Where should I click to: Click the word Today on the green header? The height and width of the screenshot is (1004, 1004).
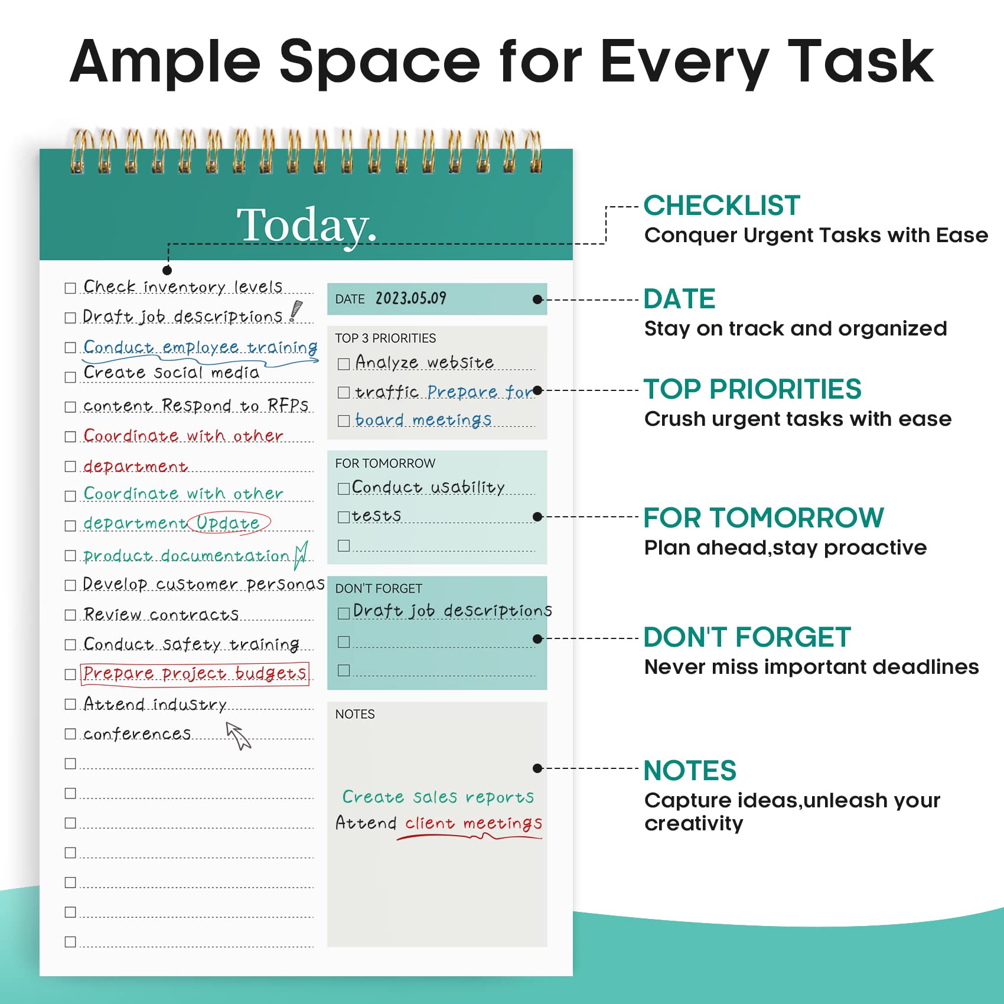tap(305, 225)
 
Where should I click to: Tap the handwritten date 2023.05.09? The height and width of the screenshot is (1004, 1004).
tap(411, 298)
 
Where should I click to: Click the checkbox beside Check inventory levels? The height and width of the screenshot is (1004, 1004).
tap(70, 288)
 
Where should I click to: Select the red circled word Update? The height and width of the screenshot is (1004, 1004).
tap(229, 523)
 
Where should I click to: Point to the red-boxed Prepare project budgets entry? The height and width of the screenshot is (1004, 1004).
tap(195, 674)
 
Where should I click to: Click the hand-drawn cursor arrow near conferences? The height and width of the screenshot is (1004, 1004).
tap(239, 735)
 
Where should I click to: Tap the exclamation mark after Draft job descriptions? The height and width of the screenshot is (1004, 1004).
tap(295, 311)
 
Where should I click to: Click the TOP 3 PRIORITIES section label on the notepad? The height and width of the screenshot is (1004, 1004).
tap(386, 338)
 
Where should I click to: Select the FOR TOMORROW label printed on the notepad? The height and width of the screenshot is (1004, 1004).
tap(385, 464)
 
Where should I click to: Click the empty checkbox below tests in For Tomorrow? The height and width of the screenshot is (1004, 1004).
tap(344, 546)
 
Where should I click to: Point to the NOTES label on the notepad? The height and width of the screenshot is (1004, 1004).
tap(355, 714)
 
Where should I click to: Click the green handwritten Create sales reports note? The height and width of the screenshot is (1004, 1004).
tap(438, 797)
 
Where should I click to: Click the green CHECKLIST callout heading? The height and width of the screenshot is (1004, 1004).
tap(722, 206)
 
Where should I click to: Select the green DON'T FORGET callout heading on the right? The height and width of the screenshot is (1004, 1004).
tap(747, 637)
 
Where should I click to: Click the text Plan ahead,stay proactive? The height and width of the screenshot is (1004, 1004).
tap(785, 547)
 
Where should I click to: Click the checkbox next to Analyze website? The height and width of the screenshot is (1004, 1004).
tap(344, 364)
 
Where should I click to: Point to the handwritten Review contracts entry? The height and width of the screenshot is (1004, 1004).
tap(161, 614)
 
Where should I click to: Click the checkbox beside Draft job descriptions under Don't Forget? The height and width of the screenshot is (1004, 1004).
tap(344, 613)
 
